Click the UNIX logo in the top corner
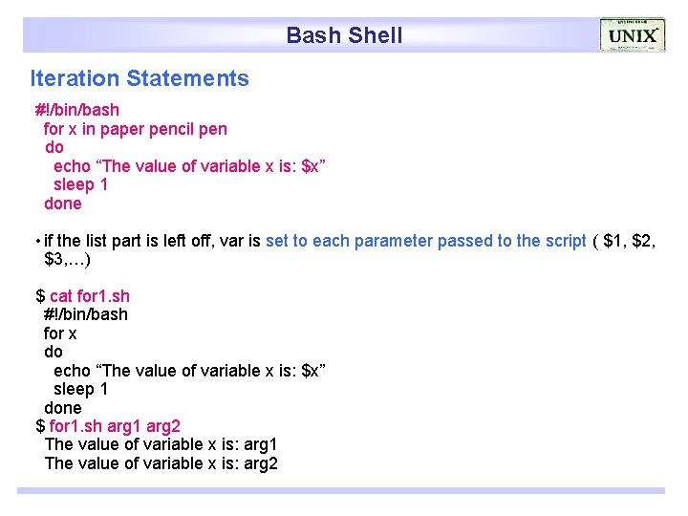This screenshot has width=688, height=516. tap(632, 35)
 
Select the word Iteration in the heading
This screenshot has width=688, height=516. tap(75, 78)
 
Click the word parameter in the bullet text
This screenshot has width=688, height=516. tap(393, 241)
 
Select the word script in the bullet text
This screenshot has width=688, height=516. tap(565, 241)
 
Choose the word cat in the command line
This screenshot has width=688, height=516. tap(61, 296)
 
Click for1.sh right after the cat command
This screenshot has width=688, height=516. tap(103, 296)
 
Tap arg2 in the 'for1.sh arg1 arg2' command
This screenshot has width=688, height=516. tap(163, 426)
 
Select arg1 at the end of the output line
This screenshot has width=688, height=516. tap(260, 444)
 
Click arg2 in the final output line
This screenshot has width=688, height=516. tap(260, 463)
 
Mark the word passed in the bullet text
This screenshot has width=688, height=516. tap(463, 241)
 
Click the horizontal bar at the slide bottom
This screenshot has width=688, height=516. tap(341, 490)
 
